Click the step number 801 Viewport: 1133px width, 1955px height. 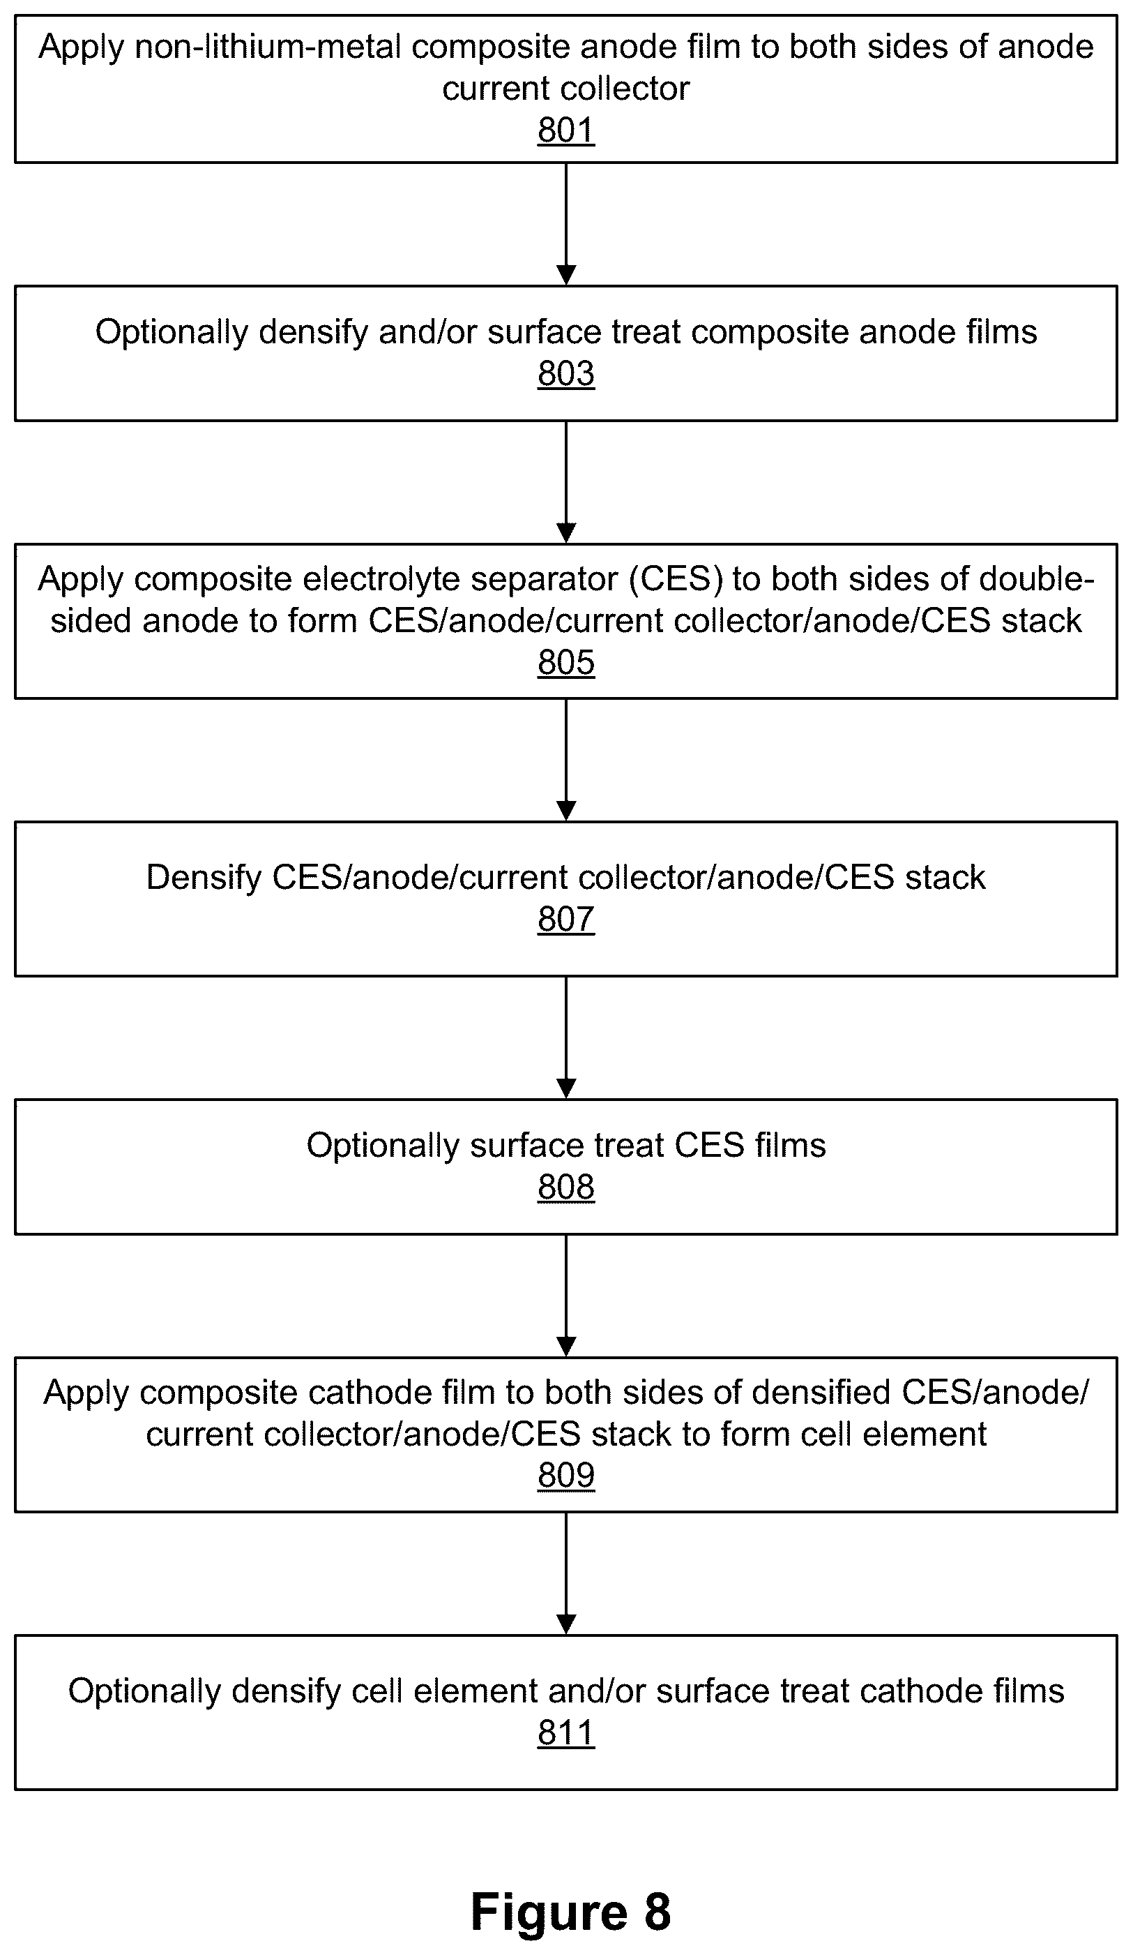(x=566, y=130)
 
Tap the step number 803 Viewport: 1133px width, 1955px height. (x=566, y=373)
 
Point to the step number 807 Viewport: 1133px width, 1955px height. (x=566, y=918)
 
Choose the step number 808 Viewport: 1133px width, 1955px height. (x=566, y=1187)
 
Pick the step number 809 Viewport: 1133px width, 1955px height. (x=566, y=1475)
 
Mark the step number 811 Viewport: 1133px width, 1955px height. (x=566, y=1732)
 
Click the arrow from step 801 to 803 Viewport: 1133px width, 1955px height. (x=566, y=224)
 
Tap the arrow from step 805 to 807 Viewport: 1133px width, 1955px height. (x=566, y=761)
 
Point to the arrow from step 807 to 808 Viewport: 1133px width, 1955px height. (x=566, y=1038)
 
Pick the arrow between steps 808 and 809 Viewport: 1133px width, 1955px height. (x=566, y=1296)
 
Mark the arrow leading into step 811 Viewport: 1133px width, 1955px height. (x=566, y=1574)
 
